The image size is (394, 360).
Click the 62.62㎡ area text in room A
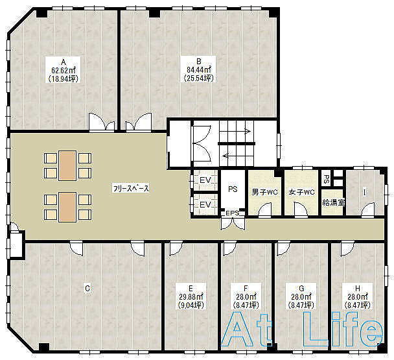coord(64,70)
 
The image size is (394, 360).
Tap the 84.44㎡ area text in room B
coord(198,69)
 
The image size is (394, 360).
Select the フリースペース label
coord(131,188)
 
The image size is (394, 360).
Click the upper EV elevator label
coord(205,180)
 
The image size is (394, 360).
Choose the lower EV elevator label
coord(205,204)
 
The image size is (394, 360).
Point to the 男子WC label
coord(265,193)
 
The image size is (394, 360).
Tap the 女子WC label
coord(301,193)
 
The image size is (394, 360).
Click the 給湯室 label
coord(334,202)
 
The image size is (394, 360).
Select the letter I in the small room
coord(364,193)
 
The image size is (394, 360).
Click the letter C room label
coord(87,288)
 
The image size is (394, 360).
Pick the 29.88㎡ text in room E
coord(191,296)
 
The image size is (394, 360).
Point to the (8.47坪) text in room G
coord(301,306)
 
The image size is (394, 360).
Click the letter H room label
coord(358,288)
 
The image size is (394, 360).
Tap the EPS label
coord(233,213)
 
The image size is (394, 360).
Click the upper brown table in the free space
coord(67,165)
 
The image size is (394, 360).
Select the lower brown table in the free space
coord(67,207)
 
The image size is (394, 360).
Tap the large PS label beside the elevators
coord(233,189)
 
